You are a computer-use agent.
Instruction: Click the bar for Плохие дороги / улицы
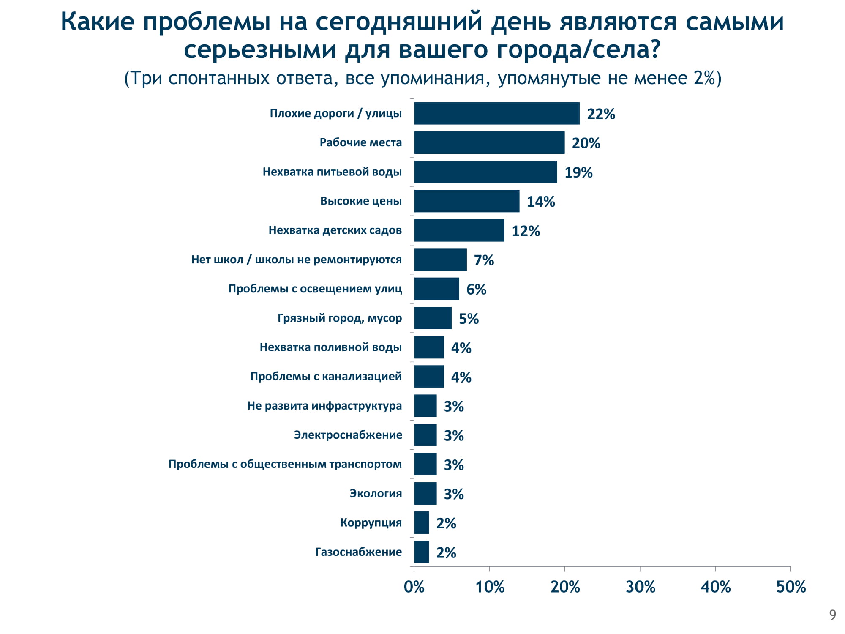point(496,113)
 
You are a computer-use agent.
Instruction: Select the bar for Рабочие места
point(489,142)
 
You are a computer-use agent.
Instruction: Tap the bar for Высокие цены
point(466,201)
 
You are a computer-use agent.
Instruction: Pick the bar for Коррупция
point(421,523)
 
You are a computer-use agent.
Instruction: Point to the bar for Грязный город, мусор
point(433,318)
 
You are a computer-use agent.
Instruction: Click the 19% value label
point(578,172)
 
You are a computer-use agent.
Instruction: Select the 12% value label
point(526,231)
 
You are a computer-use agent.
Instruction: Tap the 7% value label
point(484,260)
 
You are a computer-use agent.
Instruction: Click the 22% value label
point(601,114)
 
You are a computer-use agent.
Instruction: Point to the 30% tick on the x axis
point(640,587)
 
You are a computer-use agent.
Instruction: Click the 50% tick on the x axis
point(791,587)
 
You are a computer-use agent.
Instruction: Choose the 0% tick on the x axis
point(414,587)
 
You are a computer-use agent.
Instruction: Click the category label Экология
point(376,493)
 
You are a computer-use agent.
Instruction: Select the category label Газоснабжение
point(358,552)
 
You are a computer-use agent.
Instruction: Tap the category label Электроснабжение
point(348,435)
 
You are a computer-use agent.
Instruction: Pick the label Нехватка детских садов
point(335,230)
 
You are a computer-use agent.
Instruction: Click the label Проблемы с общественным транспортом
point(285,464)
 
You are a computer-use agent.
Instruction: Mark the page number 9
point(832,615)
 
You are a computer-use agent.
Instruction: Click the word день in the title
point(521,22)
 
